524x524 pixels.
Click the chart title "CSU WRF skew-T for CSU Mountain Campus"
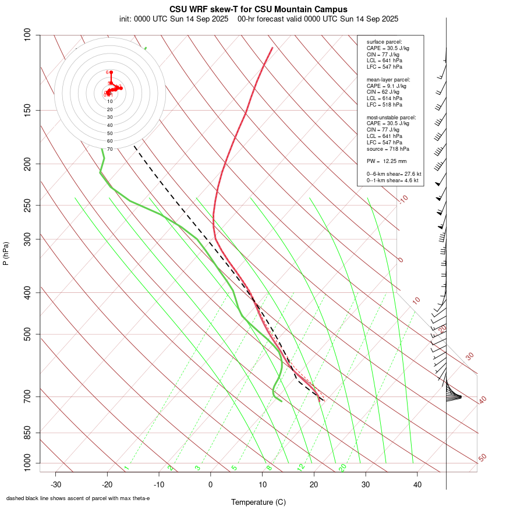pyautogui.click(x=259, y=9)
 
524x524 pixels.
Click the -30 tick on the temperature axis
pyautogui.click(x=56, y=484)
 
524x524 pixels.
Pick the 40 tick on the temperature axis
pyautogui.click(x=417, y=484)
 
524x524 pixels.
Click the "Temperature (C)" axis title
pyautogui.click(x=259, y=502)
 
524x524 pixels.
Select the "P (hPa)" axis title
pyautogui.click(x=6, y=253)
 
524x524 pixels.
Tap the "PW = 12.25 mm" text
pyautogui.click(x=387, y=161)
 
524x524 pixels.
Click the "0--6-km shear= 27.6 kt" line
pyautogui.click(x=394, y=174)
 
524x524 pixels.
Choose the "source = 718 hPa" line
pyautogui.click(x=385, y=149)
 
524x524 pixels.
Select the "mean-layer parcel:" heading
pyautogui.click(x=388, y=79)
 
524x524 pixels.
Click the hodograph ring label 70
pyautogui.click(x=109, y=149)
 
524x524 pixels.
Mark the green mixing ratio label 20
pyautogui.click(x=343, y=468)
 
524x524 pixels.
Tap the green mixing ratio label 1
pyautogui.click(x=126, y=468)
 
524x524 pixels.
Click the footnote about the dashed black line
pyautogui.click(x=78, y=498)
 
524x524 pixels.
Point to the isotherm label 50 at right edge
pyautogui.click(x=482, y=458)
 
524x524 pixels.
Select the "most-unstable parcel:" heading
pyautogui.click(x=391, y=117)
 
